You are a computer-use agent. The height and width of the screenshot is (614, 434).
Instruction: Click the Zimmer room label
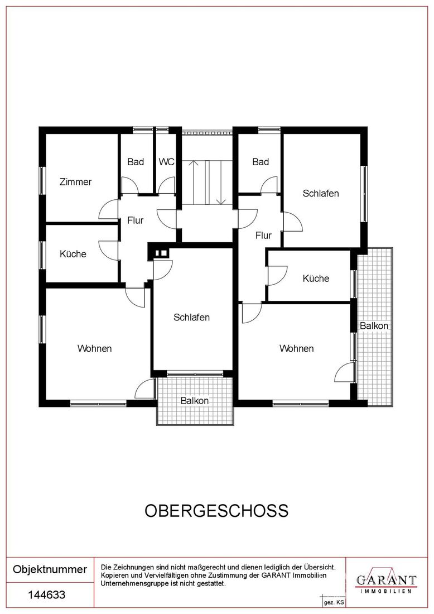(x=75, y=182)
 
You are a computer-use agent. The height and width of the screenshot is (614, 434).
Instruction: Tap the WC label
(x=166, y=162)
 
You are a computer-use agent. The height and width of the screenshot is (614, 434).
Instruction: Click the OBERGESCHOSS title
(x=217, y=511)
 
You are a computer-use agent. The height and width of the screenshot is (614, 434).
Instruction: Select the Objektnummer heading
(x=50, y=569)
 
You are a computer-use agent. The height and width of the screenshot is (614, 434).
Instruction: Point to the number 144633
(x=46, y=595)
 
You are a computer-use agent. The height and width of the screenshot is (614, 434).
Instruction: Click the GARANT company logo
(x=386, y=580)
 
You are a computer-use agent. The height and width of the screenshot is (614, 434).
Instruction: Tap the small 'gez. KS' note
(x=334, y=603)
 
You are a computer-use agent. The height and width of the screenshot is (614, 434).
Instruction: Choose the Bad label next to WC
(x=136, y=162)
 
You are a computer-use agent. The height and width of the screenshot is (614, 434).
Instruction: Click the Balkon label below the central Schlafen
(x=195, y=401)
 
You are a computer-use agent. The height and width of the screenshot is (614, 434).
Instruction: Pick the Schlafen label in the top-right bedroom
(x=321, y=194)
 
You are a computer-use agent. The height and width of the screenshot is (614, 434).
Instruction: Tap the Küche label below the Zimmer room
(x=73, y=254)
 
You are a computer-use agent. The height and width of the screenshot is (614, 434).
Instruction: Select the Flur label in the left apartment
(x=136, y=220)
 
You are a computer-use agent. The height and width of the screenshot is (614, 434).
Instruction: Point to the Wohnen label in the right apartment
(x=296, y=348)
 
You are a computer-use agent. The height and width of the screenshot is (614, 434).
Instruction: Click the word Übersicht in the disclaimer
(x=319, y=567)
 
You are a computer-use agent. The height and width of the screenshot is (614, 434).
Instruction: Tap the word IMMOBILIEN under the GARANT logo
(x=386, y=591)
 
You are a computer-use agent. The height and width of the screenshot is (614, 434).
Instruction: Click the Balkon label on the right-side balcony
(x=374, y=326)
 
